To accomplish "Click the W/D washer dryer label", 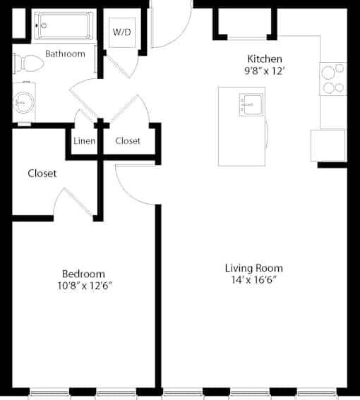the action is coord(122,32).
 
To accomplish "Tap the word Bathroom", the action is coord(65,54).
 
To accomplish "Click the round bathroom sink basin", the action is coord(23,102).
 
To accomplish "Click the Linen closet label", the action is coord(84,141).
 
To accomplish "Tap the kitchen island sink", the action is coord(251,104).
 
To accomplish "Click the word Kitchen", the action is coord(265,59).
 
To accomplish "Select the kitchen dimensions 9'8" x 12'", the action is coord(264,71).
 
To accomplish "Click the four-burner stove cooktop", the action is coord(333,79).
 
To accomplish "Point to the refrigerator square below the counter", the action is coord(328,145).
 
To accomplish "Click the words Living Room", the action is coord(254,268).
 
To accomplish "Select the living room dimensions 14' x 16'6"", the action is coord(254,280).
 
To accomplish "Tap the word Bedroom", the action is coord(83,274).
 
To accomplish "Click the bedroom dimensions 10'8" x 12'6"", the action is coord(85,286).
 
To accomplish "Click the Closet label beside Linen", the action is coord(128,141).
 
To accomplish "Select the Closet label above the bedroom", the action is coord(42,174).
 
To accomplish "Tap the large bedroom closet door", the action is coord(78,202).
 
